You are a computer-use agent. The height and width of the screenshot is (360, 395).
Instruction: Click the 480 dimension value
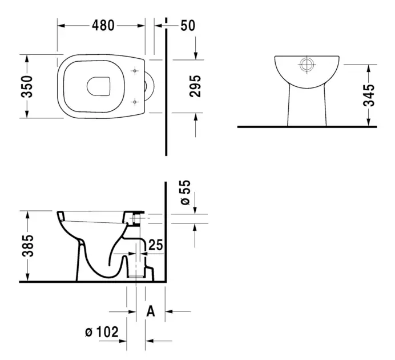tap(103, 26)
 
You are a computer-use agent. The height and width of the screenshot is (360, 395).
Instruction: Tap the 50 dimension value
tap(188, 26)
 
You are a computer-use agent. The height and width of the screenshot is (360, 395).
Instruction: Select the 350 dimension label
tap(27, 86)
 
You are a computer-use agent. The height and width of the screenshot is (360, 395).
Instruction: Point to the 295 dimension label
tap(195, 86)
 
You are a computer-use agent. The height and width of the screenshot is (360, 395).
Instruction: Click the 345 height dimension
tap(369, 95)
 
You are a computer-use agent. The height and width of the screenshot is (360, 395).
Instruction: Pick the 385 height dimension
tap(28, 246)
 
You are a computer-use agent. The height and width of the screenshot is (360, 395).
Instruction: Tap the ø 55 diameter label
tap(186, 193)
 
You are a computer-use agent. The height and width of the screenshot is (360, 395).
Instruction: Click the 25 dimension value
tap(156, 245)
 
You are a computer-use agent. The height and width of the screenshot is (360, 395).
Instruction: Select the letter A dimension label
tap(151, 311)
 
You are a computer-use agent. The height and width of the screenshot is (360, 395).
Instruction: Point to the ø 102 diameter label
tap(102, 332)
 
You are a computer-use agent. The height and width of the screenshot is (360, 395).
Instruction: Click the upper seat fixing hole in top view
tap(135, 71)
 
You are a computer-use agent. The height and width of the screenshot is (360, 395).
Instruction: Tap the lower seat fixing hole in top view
tap(135, 102)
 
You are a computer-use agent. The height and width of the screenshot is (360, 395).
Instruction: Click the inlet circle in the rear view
tap(307, 65)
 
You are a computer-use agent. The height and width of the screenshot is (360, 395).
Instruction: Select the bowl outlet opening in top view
tap(99, 86)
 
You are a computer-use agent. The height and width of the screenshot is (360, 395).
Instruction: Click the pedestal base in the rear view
tap(307, 106)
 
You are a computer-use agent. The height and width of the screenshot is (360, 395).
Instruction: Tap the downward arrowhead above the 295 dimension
tap(196, 56)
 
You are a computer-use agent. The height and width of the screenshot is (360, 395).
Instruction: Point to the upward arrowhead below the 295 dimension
tap(196, 117)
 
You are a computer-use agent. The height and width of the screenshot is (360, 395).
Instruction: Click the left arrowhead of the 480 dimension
tap(61, 26)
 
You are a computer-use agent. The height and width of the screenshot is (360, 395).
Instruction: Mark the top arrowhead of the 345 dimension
tap(369, 69)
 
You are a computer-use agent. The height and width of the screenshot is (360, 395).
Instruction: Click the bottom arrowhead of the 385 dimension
tap(28, 277)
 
